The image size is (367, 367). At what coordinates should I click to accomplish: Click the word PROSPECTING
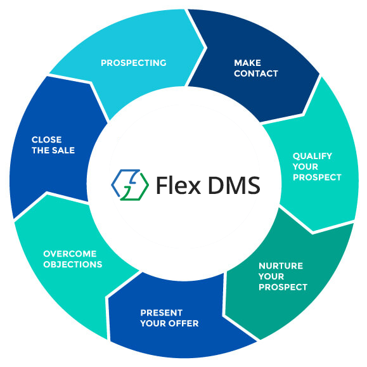pos(133,63)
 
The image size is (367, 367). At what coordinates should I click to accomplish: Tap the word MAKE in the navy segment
pos(247,63)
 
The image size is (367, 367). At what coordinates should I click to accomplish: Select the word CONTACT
pos(256,74)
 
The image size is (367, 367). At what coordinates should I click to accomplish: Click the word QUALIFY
pos(312,156)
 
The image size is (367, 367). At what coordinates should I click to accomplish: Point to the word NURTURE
pos(281,266)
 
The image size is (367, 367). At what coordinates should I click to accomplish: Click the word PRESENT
pos(161,312)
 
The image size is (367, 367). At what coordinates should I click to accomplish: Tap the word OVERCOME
pos(70,254)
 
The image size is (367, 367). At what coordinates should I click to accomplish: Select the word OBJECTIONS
pos(72,264)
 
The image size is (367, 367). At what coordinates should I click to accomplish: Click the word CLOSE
pos(46,139)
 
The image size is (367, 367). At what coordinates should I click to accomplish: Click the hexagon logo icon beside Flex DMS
pos(130,185)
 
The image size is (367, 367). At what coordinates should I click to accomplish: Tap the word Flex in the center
pos(178,185)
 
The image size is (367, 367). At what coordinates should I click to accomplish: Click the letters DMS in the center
pos(234,185)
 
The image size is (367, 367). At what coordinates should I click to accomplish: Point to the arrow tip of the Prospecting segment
pos(207,48)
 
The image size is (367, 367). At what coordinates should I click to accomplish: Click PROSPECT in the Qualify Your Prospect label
pos(317,177)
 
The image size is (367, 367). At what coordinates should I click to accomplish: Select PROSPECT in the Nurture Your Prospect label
pos(283,287)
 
